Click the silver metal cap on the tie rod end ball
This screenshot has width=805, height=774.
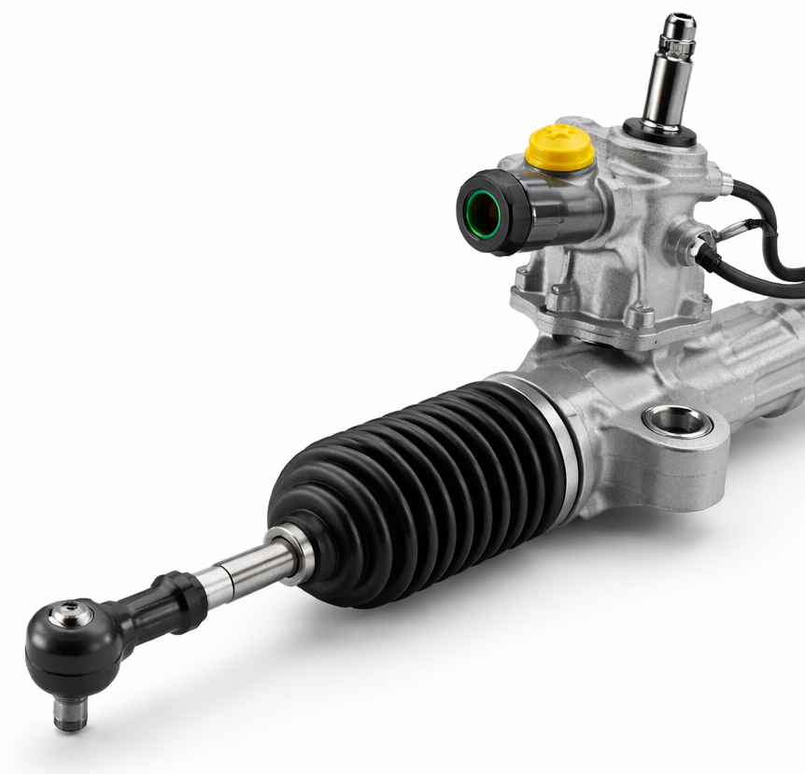coord(71,614)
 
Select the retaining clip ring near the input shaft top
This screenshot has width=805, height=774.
coord(677,42)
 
